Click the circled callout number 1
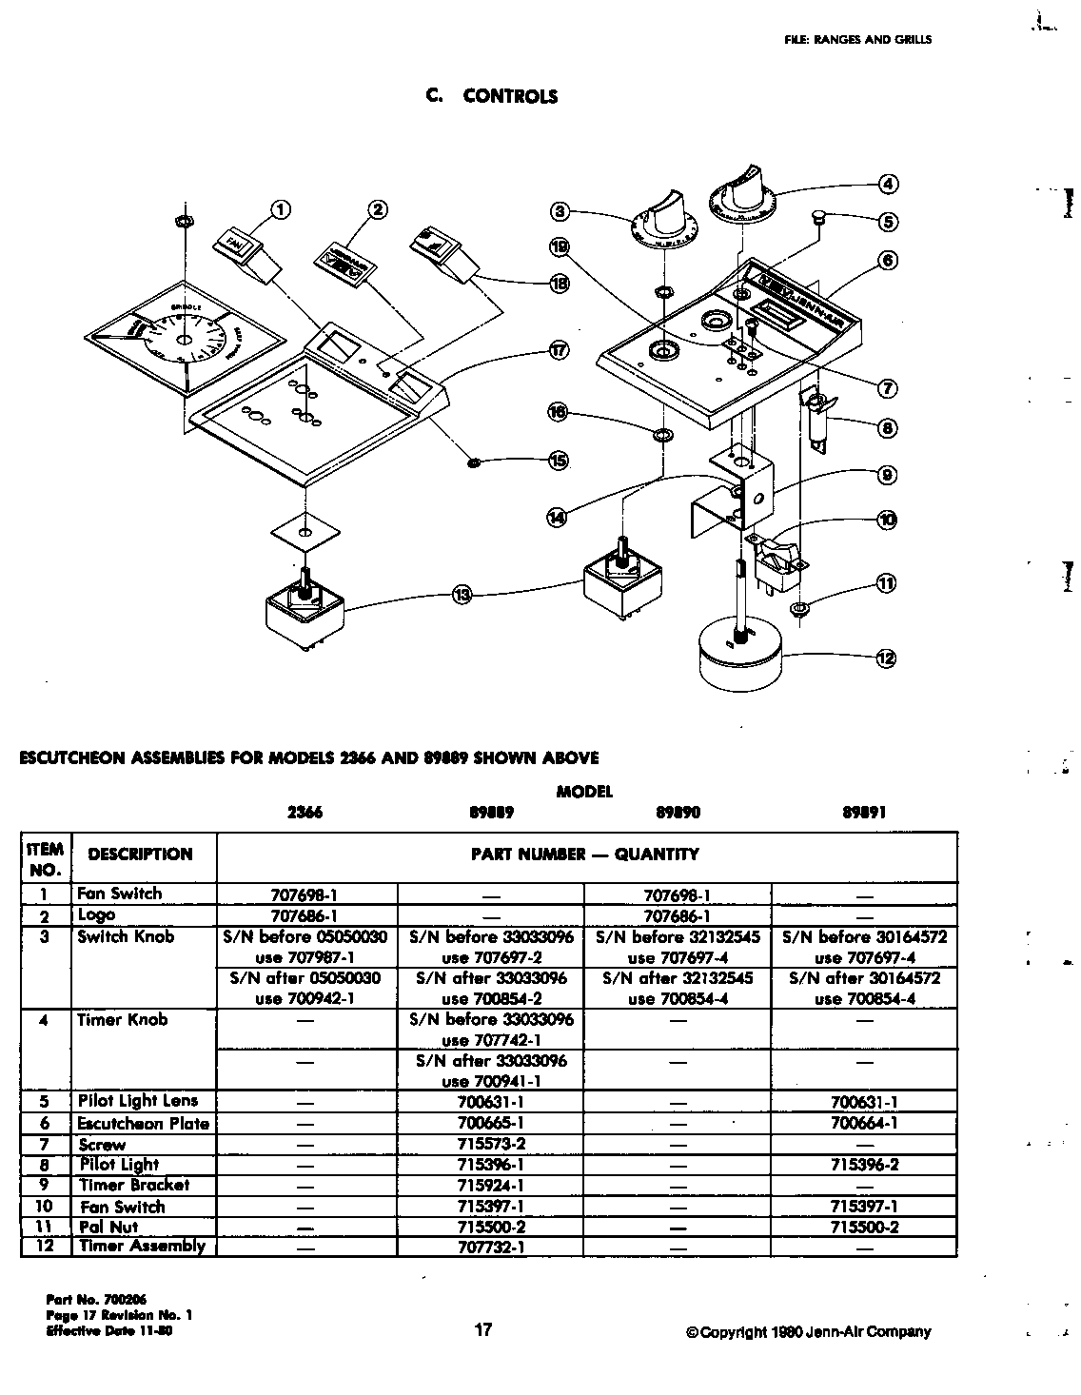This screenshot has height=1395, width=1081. pyautogui.click(x=281, y=210)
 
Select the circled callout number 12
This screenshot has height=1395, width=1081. pyautogui.click(x=886, y=658)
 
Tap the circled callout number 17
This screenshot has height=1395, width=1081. pyautogui.click(x=560, y=350)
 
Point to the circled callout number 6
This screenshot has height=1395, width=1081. pyautogui.click(x=887, y=260)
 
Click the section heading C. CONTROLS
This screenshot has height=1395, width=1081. pyautogui.click(x=491, y=96)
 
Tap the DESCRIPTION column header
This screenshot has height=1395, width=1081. pyautogui.click(x=140, y=855)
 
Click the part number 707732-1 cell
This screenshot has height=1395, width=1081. pyautogui.click(x=491, y=1247)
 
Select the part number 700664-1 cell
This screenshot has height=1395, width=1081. pyautogui.click(x=864, y=1123)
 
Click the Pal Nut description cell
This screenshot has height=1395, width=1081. pyautogui.click(x=109, y=1227)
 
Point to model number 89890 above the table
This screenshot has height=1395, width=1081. pyautogui.click(x=678, y=813)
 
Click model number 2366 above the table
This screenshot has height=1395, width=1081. pyautogui.click(x=305, y=813)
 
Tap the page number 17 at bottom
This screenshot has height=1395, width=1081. pyautogui.click(x=483, y=1329)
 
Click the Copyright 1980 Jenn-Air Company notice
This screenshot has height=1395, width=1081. pyautogui.click(x=808, y=1332)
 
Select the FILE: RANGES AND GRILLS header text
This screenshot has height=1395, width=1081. pyautogui.click(x=857, y=40)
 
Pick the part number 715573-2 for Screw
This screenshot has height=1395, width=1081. pyautogui.click(x=491, y=1144)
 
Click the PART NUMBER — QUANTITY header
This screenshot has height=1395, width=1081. pyautogui.click(x=585, y=855)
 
